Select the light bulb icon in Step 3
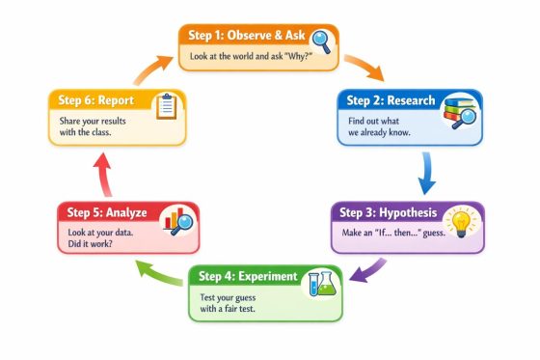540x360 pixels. coord(460,221)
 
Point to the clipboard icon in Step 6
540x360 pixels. coord(166,104)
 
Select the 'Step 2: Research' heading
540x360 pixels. coord(390,100)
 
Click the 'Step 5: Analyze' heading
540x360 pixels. coord(106,212)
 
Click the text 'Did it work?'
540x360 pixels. coord(90,244)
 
